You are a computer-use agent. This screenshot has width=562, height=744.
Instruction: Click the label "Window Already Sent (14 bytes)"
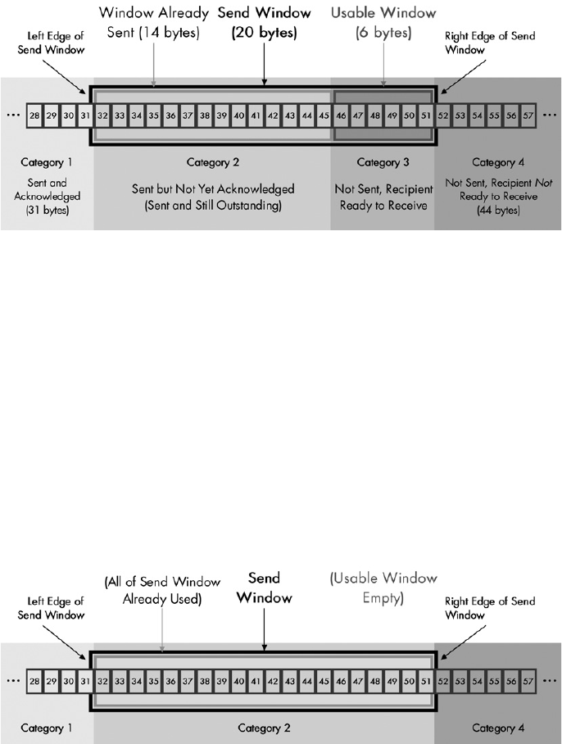pyautogui.click(x=154, y=24)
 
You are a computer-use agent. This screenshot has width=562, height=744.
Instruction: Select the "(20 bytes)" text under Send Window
pyautogui.click(x=264, y=34)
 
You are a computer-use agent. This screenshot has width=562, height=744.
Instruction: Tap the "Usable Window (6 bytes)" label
pyautogui.click(x=384, y=24)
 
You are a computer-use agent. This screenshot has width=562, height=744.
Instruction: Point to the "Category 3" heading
pyautogui.click(x=383, y=162)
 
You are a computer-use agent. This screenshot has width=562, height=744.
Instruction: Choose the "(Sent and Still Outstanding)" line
pyautogui.click(x=212, y=205)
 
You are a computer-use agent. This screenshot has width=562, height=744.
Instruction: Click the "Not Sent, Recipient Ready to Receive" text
pyautogui.click(x=383, y=197)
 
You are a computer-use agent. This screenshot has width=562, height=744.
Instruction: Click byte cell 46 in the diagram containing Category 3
pyautogui.click(x=341, y=116)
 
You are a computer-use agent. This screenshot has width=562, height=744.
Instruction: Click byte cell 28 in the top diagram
pyautogui.click(x=34, y=116)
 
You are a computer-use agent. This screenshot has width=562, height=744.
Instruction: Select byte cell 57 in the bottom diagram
pyautogui.click(x=528, y=682)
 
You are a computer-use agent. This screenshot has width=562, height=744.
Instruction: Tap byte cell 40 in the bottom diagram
pyautogui.click(x=238, y=682)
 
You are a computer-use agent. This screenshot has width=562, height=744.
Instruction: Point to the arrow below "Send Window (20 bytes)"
pyautogui.click(x=264, y=66)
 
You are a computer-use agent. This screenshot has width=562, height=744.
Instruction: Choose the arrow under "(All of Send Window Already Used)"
pyautogui.click(x=161, y=631)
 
